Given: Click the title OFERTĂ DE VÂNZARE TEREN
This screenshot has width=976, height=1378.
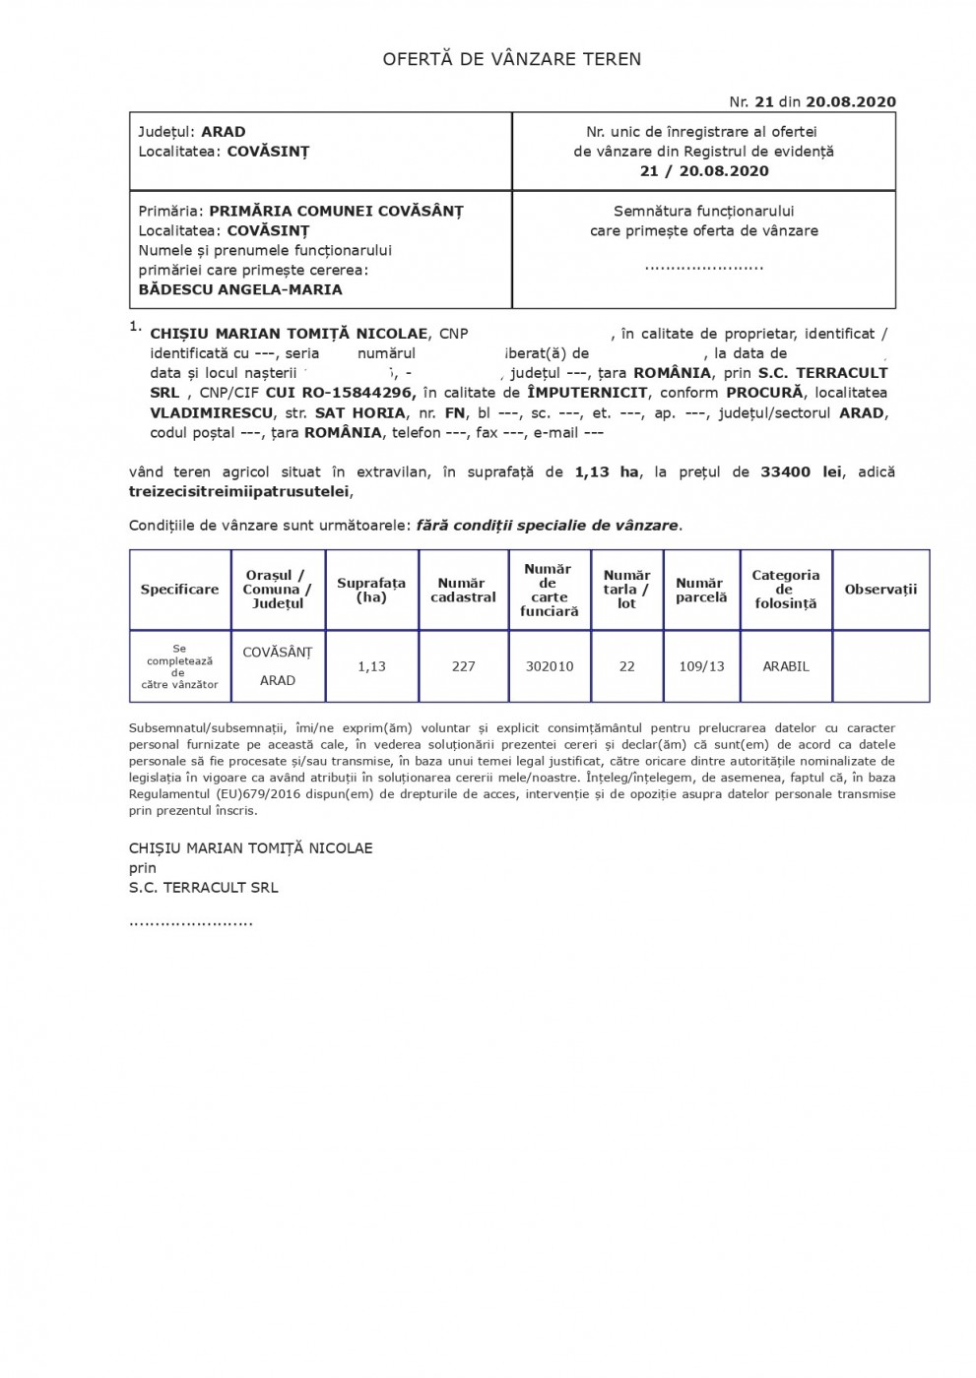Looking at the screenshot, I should click(512, 59).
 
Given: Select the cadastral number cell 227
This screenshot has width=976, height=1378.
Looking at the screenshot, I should click(463, 666).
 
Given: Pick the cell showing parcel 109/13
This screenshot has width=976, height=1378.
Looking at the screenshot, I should click(701, 666).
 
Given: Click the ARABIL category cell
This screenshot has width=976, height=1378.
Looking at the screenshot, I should click(786, 666).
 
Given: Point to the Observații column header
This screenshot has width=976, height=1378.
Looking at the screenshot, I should click(880, 590).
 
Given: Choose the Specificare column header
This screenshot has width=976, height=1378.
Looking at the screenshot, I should click(179, 590).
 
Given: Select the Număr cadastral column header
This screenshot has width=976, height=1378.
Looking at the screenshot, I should click(463, 590).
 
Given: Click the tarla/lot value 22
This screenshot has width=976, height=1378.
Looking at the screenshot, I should click(626, 666).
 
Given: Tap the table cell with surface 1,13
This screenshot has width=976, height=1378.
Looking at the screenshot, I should click(371, 666).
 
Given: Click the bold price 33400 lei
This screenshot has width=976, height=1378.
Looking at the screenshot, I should click(801, 471).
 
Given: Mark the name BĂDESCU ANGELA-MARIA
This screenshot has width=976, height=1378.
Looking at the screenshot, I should click(240, 289).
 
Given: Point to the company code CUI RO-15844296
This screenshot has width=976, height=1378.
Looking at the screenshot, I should click(344, 393).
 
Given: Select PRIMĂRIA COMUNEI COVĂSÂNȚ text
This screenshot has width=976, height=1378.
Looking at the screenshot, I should click(336, 211).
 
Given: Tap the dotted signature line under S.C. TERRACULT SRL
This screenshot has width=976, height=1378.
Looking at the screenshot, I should click(191, 923).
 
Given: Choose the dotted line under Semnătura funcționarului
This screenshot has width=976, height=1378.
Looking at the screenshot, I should click(703, 266).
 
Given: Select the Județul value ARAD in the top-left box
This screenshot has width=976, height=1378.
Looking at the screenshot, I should click(224, 132).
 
